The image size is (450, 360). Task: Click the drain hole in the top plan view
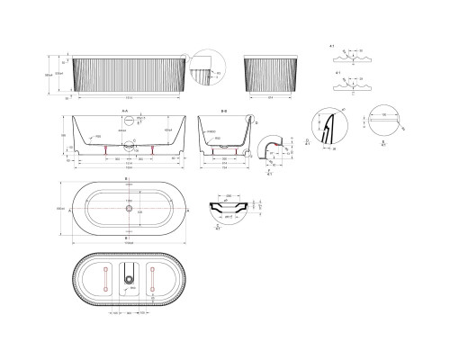tap(130, 209)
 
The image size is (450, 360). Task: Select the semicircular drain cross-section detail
tap(229, 210)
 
